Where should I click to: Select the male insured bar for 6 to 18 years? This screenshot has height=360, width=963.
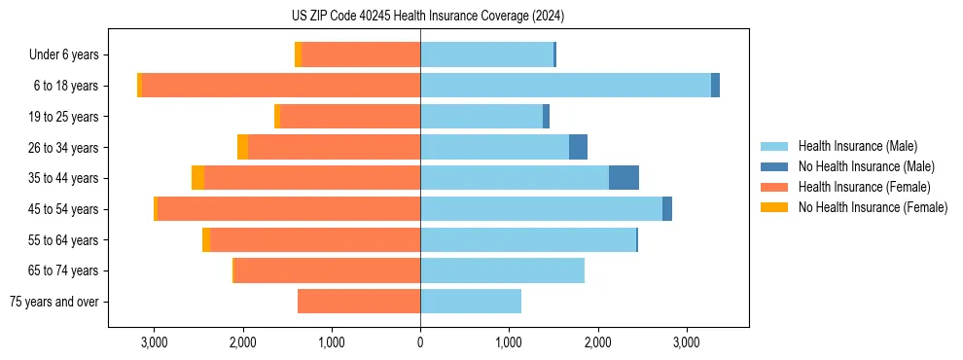tap(565, 86)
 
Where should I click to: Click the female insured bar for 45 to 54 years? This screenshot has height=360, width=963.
tap(288, 209)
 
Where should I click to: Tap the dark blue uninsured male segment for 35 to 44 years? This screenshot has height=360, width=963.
tap(624, 178)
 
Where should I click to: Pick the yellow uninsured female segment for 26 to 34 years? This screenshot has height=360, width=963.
tap(242, 147)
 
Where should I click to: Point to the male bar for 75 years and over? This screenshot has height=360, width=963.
tap(471, 302)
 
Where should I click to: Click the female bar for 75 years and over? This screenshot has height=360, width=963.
tap(359, 302)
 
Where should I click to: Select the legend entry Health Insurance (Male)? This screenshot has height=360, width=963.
tap(855, 146)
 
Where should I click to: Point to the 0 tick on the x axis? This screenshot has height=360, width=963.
tap(420, 342)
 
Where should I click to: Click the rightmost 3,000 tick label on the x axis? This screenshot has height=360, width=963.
tap(687, 342)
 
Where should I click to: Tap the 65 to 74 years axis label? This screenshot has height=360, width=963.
tap(65, 270)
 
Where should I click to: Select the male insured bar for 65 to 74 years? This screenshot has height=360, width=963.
tap(502, 270)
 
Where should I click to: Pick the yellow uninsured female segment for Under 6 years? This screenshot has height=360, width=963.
tap(298, 54)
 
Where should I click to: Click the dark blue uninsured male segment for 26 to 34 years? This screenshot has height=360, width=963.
tap(578, 147)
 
